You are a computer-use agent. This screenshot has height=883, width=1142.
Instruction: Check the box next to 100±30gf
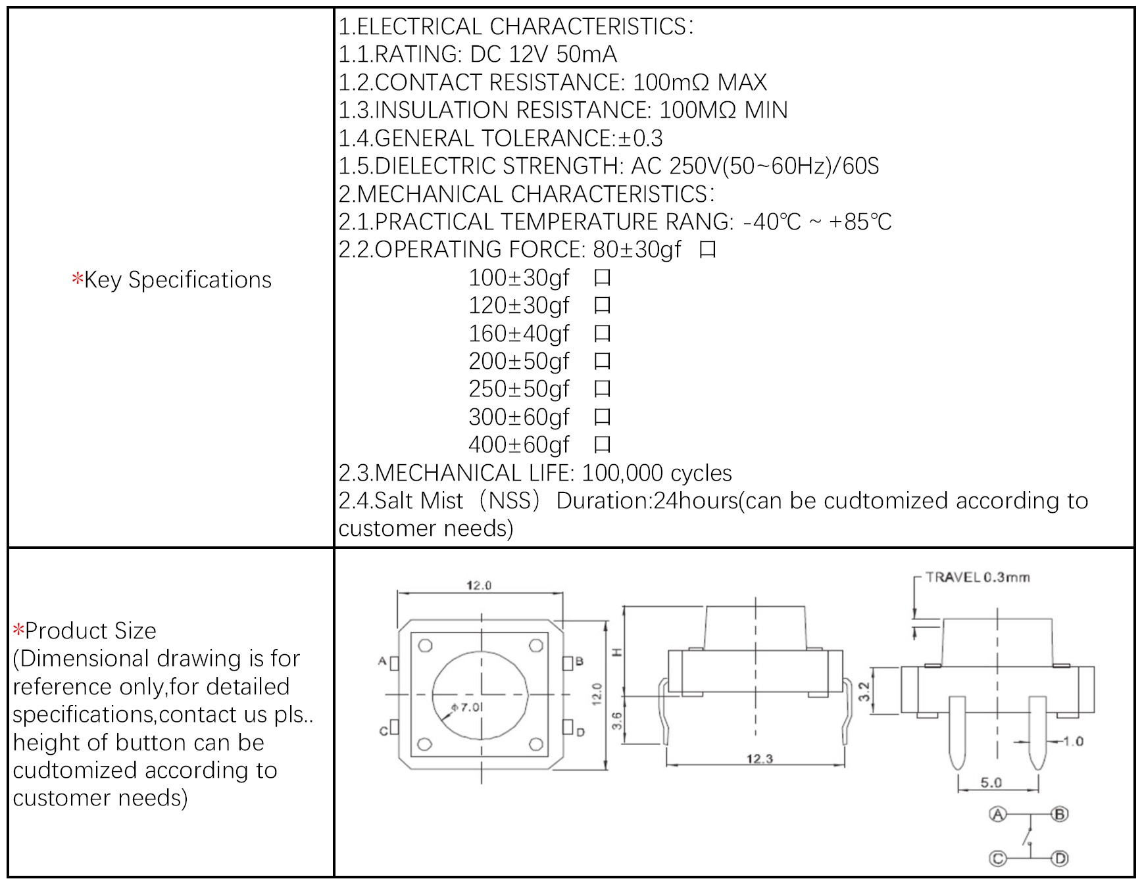tap(602, 278)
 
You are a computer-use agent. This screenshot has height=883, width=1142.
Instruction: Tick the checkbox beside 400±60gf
tap(602, 445)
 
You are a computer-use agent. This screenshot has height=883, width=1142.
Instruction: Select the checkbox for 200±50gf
tap(602, 362)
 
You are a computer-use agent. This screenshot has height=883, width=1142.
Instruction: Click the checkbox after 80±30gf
tap(708, 250)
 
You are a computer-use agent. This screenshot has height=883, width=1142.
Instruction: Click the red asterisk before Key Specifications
tap(78, 279)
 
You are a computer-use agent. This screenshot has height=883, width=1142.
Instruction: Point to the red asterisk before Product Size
tap(18, 631)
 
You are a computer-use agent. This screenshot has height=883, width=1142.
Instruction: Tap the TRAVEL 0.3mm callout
tap(977, 577)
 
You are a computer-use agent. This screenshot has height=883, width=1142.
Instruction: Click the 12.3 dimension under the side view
tap(759, 759)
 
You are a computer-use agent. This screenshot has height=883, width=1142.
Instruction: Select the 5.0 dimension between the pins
tap(991, 782)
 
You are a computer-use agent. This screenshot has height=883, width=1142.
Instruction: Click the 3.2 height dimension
tap(864, 691)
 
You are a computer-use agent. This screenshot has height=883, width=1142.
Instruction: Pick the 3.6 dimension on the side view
tap(616, 721)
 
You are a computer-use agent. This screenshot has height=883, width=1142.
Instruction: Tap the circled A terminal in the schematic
tap(998, 815)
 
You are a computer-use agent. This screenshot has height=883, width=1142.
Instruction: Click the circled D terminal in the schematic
tap(1060, 859)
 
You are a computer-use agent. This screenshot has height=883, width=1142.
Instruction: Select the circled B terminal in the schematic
tap(1060, 815)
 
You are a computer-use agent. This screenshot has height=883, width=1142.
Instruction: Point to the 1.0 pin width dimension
tap(1073, 742)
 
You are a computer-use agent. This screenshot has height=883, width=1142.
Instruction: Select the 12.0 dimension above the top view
tap(479, 585)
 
